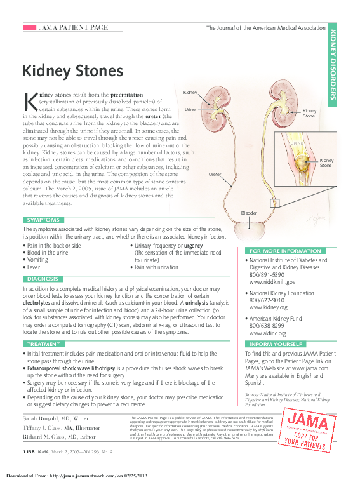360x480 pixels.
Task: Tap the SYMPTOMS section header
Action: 44,220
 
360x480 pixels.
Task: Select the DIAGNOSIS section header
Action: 43,279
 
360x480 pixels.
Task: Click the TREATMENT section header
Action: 44,344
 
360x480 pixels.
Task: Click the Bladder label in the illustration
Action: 248,212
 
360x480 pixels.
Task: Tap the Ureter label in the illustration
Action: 215,173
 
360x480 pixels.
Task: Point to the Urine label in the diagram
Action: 190,110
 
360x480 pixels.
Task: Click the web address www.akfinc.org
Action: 268,333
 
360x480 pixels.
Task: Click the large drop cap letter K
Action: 30,102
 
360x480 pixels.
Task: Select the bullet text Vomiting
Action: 38,260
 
